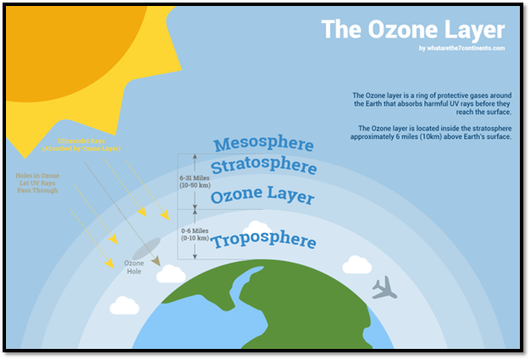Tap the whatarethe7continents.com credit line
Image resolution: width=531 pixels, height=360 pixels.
point(462,49)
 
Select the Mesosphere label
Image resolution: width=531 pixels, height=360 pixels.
point(264,144)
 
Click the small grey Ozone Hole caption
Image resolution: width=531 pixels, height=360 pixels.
point(135,267)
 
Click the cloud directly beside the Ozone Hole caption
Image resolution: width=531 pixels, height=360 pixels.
point(171,274)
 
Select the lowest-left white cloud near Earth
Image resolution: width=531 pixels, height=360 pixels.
point(125,305)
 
